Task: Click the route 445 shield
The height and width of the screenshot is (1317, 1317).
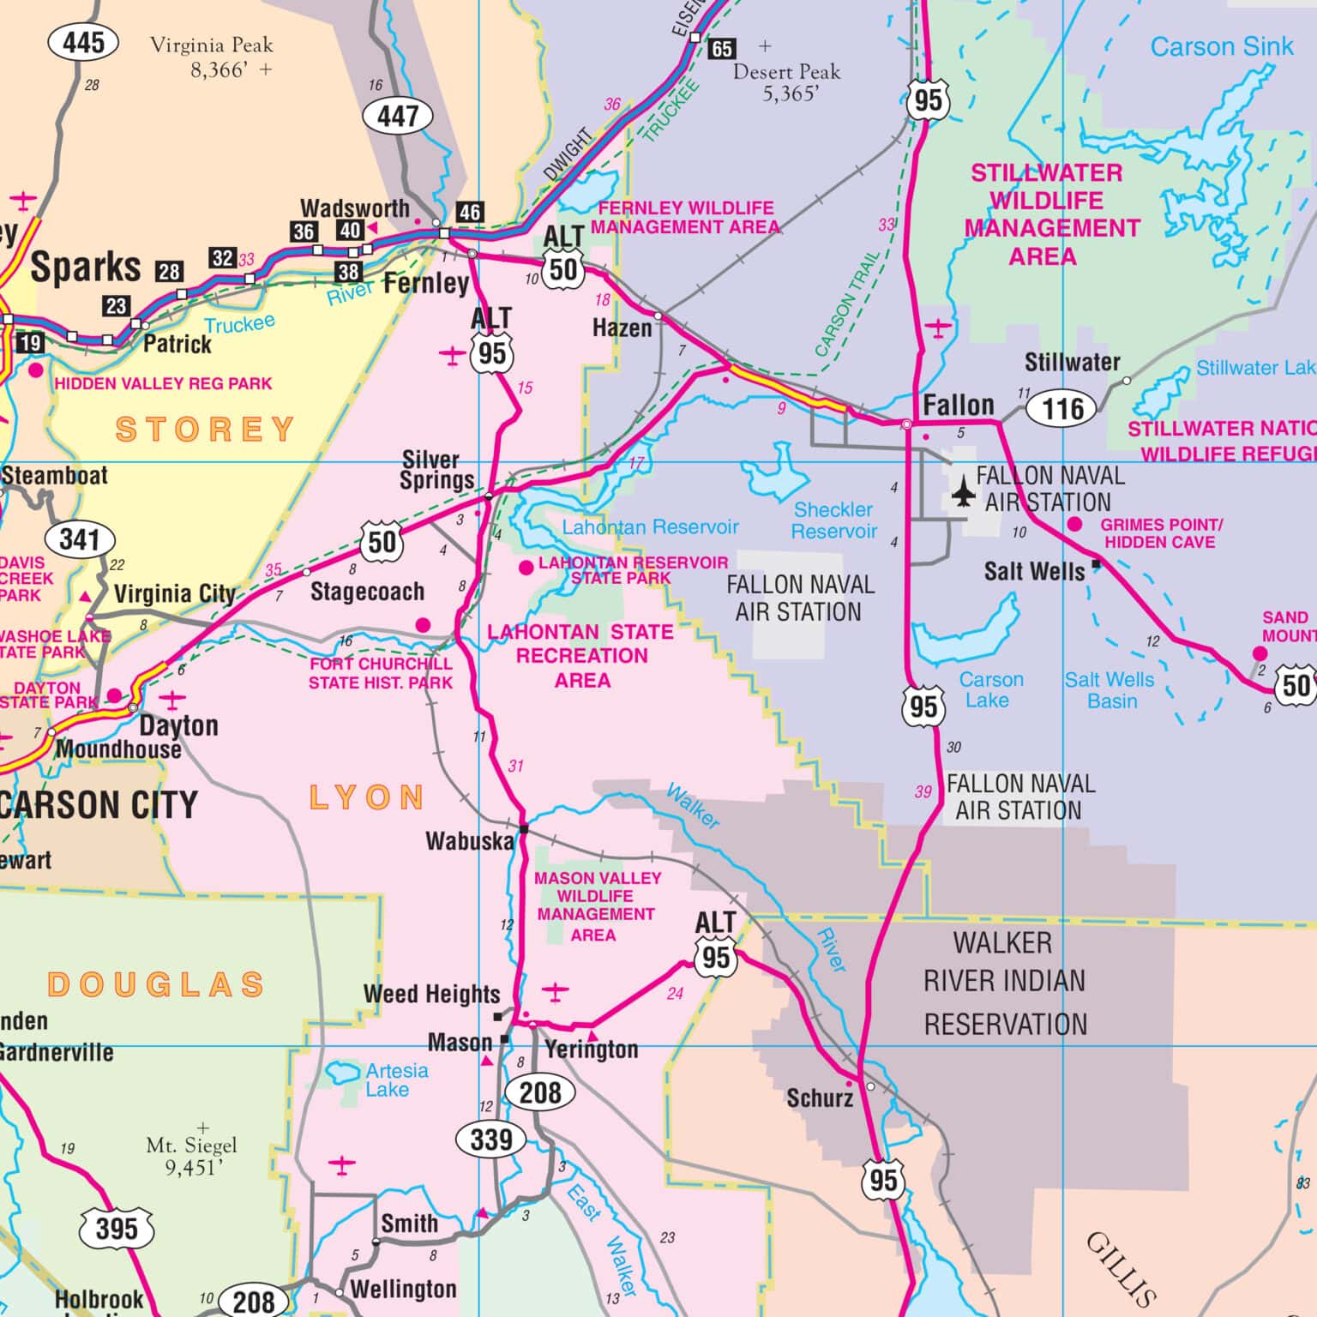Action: pos(83,42)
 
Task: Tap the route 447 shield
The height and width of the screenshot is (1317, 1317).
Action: pos(397,116)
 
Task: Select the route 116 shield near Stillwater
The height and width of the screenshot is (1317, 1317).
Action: pos(1063,408)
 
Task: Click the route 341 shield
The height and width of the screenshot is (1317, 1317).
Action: pos(80,539)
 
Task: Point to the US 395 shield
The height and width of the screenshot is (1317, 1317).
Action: pos(117,1229)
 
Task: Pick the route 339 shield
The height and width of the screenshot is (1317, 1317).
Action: pos(490,1140)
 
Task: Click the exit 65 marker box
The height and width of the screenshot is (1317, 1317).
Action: pos(722,49)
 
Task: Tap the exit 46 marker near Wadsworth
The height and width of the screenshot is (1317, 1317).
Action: pos(469,212)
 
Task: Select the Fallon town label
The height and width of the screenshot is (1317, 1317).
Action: pos(958,405)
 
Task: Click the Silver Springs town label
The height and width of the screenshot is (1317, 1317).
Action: pos(436,470)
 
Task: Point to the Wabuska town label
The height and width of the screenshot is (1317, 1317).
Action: pos(469,841)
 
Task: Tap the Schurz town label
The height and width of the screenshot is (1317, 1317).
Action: pos(819,1097)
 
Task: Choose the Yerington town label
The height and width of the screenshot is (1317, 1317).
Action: pos(592,1049)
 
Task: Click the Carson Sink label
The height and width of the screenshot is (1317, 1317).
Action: pos(1221,47)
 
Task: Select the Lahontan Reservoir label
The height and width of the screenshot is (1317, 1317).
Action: pos(650,526)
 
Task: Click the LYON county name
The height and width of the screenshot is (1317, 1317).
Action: pos(367,797)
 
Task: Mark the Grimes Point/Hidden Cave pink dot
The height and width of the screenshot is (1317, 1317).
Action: pos(1074,524)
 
